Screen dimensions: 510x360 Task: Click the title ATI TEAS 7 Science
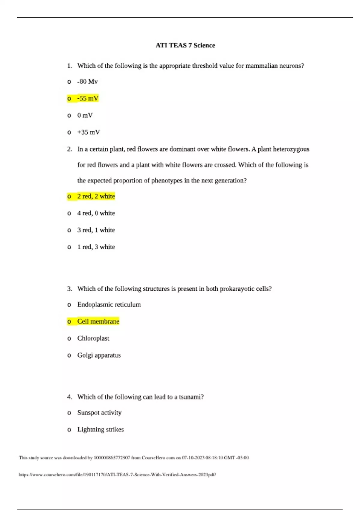[185, 45]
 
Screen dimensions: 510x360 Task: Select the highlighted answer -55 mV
[88, 98]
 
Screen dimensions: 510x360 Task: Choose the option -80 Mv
[87, 82]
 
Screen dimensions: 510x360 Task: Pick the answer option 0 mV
[85, 115]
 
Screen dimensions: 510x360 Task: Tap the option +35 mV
[88, 132]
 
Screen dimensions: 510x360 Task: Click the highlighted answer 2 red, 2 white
[96, 196]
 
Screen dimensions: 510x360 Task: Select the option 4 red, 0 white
[96, 213]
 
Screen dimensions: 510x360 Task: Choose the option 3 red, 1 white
[96, 230]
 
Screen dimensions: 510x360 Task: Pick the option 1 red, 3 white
[96, 247]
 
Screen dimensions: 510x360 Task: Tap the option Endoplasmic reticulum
[109, 304]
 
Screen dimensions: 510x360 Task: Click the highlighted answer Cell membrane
[98, 321]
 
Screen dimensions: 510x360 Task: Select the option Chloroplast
[93, 338]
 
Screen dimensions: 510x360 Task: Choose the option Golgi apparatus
[99, 355]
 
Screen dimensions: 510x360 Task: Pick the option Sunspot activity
[99, 413]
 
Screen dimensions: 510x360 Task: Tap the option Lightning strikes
[100, 430]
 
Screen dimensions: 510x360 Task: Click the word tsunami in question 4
[191, 397]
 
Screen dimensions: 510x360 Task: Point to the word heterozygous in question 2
[291, 149]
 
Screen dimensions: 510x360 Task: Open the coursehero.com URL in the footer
[117, 475]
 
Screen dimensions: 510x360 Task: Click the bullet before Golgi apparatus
[69, 355]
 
